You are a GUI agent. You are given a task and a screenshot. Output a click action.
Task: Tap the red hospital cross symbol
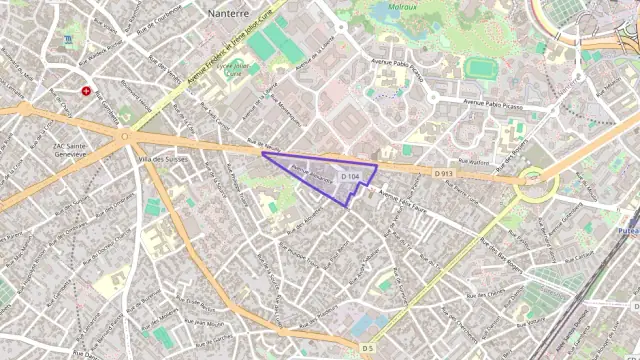tap(87, 90)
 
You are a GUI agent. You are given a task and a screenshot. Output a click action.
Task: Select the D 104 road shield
tap(349, 177)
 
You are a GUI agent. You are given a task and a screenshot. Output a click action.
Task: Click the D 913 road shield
tap(443, 173)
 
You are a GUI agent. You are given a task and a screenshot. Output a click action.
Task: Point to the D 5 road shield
tap(368, 348)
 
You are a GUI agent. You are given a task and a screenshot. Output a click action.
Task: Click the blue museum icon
tap(67, 40)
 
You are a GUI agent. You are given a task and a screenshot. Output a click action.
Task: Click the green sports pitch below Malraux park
tap(481, 68)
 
